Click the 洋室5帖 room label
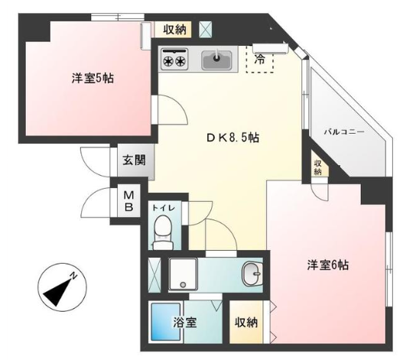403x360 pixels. click(93, 78)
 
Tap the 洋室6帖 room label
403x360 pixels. click(328, 265)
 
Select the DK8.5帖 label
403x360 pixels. click(233, 138)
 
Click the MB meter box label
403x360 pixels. click(128, 202)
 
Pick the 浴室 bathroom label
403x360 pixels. click(185, 323)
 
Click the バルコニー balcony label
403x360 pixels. click(344, 132)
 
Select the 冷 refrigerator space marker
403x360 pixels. click(259, 60)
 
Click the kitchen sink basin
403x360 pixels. click(216, 60)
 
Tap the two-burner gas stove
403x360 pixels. click(174, 59)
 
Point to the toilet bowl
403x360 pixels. click(163, 232)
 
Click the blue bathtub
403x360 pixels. click(166, 323)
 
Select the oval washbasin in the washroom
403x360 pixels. click(252, 274)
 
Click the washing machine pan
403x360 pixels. click(183, 274)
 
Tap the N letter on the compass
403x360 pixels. click(73, 276)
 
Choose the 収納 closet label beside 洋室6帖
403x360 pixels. click(246, 323)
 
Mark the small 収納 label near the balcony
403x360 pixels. click(318, 167)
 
